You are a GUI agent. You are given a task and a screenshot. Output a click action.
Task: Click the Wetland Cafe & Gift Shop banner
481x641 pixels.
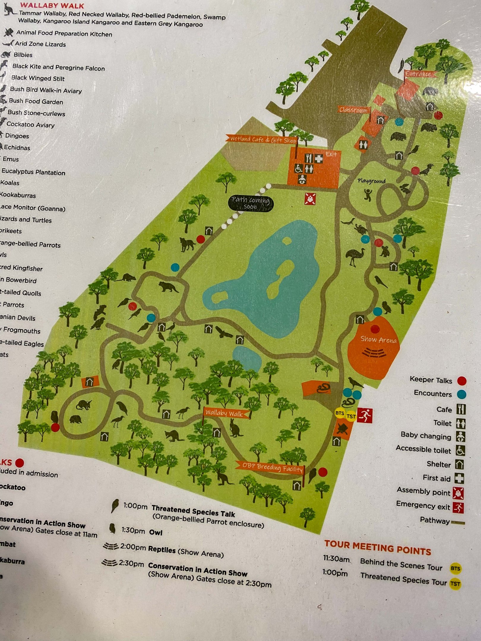[x=263, y=139]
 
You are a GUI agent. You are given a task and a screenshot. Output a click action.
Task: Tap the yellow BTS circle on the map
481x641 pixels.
[x=340, y=413]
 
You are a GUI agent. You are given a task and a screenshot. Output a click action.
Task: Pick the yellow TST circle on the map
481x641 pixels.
[x=351, y=416]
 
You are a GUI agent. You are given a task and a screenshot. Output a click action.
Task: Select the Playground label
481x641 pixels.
[x=371, y=181]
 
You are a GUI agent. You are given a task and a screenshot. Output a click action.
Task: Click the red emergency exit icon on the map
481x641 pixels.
[x=365, y=415]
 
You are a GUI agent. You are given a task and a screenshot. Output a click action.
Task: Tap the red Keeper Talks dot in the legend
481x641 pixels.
[x=461, y=381]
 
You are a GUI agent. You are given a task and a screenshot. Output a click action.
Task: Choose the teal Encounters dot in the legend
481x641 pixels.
[x=461, y=394]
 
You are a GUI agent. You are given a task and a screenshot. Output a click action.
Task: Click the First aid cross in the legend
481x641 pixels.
[x=460, y=478]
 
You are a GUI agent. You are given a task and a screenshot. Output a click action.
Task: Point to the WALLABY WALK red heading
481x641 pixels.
[x=52, y=6]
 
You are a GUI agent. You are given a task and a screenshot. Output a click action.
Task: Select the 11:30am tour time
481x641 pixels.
[x=336, y=559]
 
